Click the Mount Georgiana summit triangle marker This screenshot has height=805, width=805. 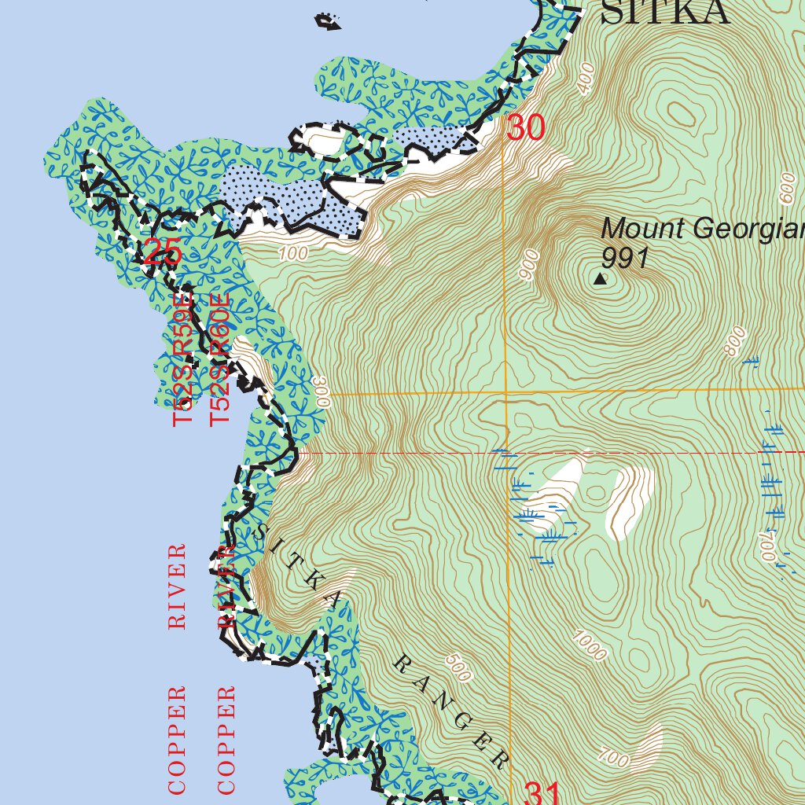coord(601,278)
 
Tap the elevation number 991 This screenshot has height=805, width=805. coord(625,258)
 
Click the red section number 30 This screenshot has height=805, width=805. coord(525,128)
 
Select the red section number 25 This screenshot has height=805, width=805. coord(163,253)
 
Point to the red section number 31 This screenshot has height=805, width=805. coord(542,794)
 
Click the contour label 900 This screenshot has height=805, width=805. coord(530,265)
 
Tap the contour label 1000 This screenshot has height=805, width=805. coord(590,645)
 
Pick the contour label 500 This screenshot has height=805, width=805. coord(458,668)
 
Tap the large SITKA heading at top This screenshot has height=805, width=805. coord(665,13)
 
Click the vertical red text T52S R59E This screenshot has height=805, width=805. coord(182,361)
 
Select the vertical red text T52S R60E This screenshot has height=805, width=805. coord(221,361)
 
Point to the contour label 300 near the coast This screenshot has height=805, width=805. coord(320,390)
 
